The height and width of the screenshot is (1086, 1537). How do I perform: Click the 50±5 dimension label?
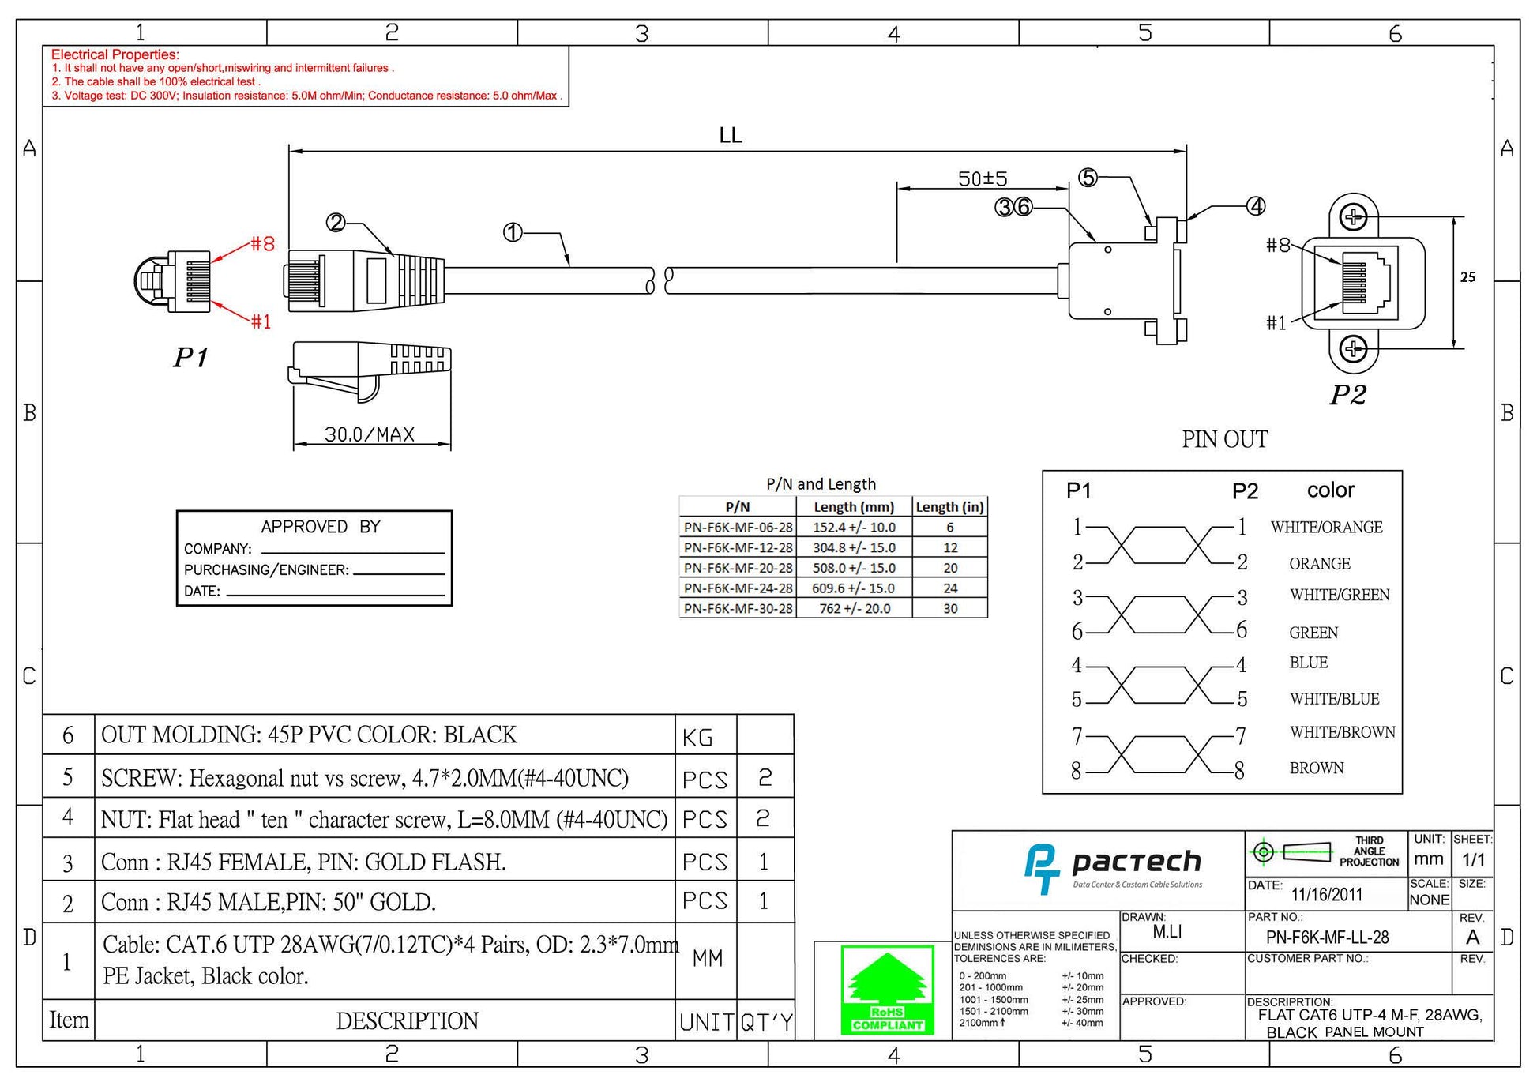pyautogui.click(x=983, y=178)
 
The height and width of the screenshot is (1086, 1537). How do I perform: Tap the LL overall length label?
pyautogui.click(x=731, y=135)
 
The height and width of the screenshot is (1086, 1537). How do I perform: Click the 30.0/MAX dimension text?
pyautogui.click(x=370, y=434)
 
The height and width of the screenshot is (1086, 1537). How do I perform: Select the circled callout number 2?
pyautogui.click(x=336, y=223)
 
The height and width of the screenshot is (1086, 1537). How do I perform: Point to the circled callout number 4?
pyautogui.click(x=1256, y=206)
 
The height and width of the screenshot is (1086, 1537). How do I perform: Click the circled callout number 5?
pyautogui.click(x=1088, y=178)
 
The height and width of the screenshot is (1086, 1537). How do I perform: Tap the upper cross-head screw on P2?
pyautogui.click(x=1354, y=217)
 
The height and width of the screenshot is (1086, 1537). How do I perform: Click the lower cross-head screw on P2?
pyautogui.click(x=1354, y=348)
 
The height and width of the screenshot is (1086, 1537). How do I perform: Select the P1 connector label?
pyautogui.click(x=190, y=358)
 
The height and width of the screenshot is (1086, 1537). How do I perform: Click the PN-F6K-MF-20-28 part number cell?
pyautogui.click(x=738, y=568)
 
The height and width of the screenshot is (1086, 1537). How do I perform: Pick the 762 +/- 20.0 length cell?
pyautogui.click(x=854, y=609)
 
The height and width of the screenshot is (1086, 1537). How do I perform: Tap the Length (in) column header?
pyautogui.click(x=949, y=507)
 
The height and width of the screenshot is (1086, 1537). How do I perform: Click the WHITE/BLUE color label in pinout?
pyautogui.click(x=1334, y=699)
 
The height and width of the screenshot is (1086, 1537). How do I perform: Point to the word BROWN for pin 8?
pyautogui.click(x=1316, y=768)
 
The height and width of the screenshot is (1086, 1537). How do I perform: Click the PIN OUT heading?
pyautogui.click(x=1225, y=439)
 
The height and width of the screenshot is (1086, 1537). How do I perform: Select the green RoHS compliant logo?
pyautogui.click(x=888, y=990)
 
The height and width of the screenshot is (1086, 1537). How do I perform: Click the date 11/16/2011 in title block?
pyautogui.click(x=1327, y=895)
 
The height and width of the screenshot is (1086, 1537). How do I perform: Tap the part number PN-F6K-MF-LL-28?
pyautogui.click(x=1327, y=938)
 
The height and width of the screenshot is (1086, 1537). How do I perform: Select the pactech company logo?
pyautogui.click(x=1112, y=869)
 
